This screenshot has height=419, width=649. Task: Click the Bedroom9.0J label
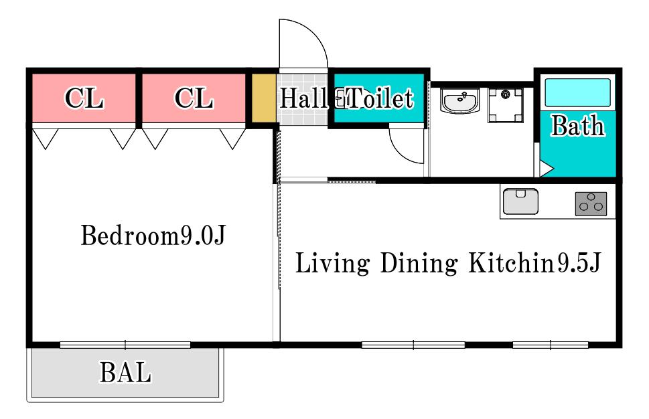pos(153,236)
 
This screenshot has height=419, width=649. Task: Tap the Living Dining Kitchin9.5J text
pos(448,263)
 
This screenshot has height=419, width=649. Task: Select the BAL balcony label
pos(125,372)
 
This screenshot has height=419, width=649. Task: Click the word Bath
pos(578,126)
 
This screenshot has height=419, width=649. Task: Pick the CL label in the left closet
pos(84,98)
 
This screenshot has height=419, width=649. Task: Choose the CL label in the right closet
pos(194,98)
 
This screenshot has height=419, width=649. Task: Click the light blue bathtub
pos(578,92)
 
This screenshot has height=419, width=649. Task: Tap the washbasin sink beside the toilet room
pos(459,100)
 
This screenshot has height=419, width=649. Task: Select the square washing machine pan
pos(506,106)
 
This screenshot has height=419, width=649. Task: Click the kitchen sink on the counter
pos(520,201)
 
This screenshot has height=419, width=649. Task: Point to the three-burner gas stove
pos(591,204)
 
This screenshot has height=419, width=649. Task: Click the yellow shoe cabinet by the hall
pos(264,98)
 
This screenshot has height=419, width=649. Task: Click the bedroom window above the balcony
pos(125,345)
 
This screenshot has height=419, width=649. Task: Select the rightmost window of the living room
pos(551,345)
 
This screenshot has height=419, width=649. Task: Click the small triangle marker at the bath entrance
pos(546,169)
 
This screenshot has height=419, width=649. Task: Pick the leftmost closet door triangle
pos(45,137)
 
